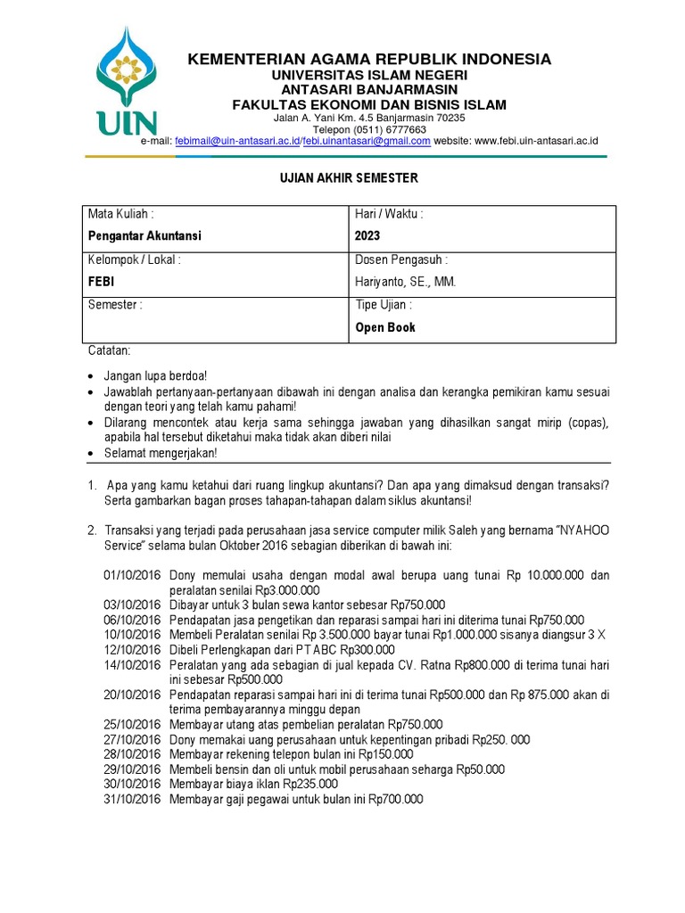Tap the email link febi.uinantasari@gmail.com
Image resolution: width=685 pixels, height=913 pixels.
367,141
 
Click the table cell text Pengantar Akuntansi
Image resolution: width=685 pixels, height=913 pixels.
144,236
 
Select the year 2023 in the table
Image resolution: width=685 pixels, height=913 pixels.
367,236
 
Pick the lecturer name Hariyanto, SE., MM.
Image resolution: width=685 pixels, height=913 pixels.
406,282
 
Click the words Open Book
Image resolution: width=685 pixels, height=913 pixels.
385,327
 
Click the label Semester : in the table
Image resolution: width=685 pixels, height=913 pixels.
115,305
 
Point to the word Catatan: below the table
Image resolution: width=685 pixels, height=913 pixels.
109,351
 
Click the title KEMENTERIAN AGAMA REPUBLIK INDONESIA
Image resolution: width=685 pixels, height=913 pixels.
368,60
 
